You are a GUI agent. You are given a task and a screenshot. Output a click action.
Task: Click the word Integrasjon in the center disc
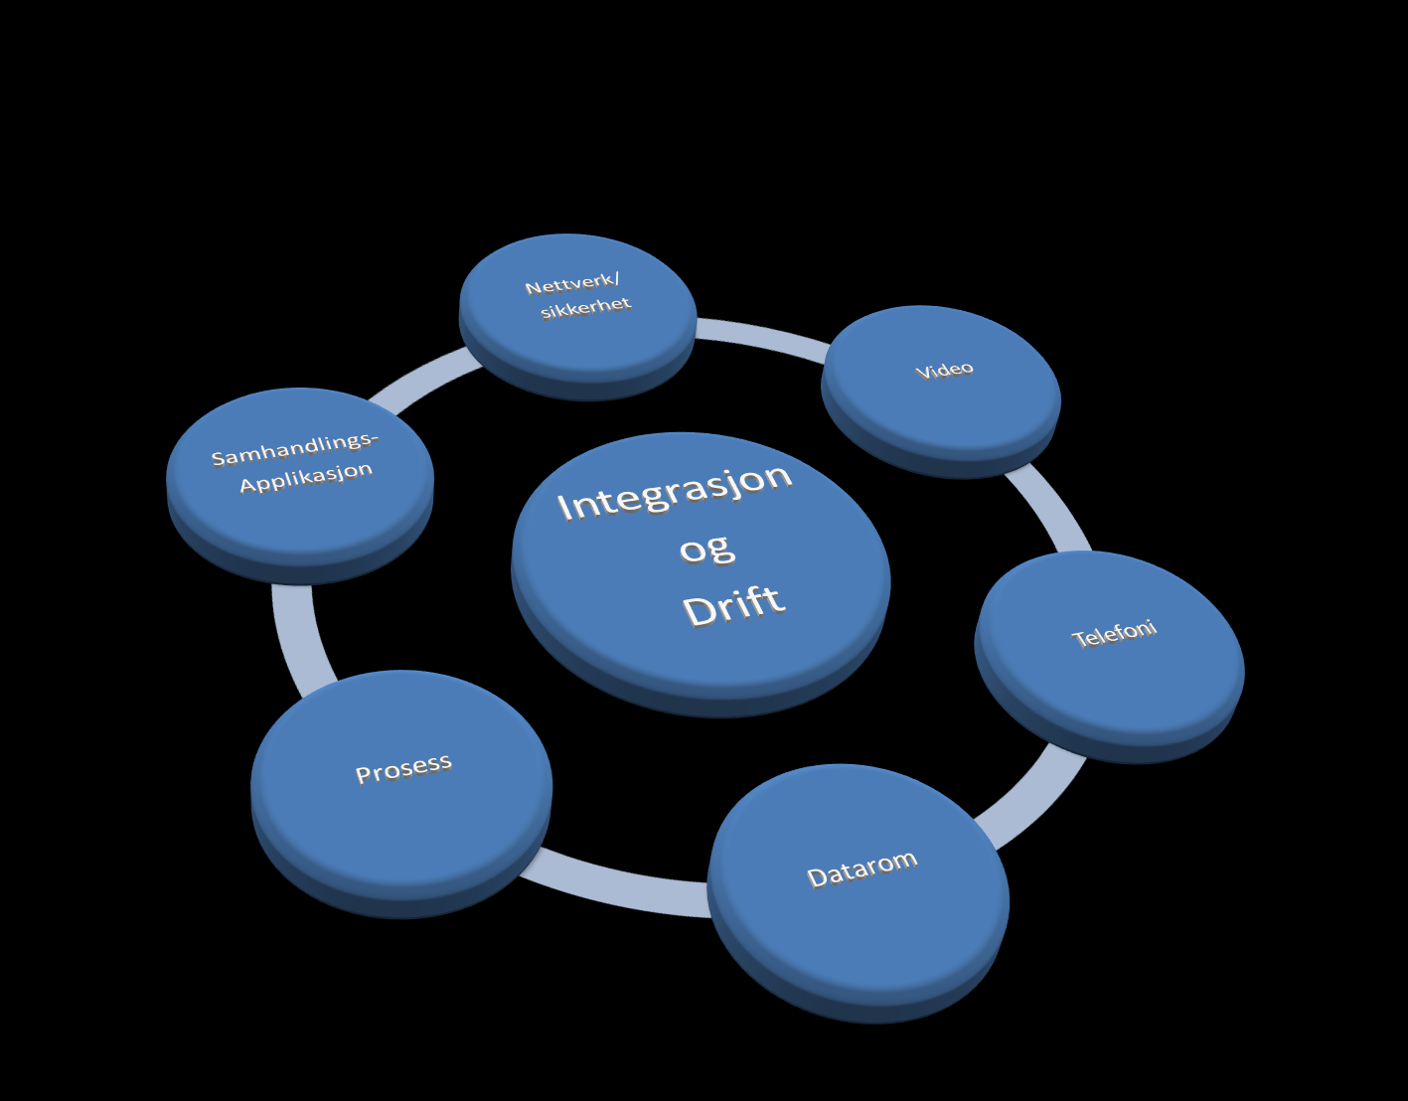coord(675,492)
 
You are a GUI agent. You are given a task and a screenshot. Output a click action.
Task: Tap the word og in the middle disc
coord(706,550)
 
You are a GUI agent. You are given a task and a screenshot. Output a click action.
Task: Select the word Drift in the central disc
coord(734,605)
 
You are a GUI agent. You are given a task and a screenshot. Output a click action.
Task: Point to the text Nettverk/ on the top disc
coord(572,283)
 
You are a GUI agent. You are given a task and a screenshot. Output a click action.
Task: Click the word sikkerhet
coord(585,308)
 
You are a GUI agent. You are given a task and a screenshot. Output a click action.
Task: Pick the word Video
coord(944,370)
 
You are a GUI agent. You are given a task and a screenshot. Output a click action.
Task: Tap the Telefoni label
coord(1114,634)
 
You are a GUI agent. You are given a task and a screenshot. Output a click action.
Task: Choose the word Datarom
coord(861,868)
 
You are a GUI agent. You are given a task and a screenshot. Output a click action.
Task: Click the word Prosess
coord(403,769)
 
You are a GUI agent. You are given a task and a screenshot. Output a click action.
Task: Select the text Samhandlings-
coord(295,449)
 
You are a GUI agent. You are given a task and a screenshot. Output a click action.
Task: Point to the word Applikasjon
coord(306,477)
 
